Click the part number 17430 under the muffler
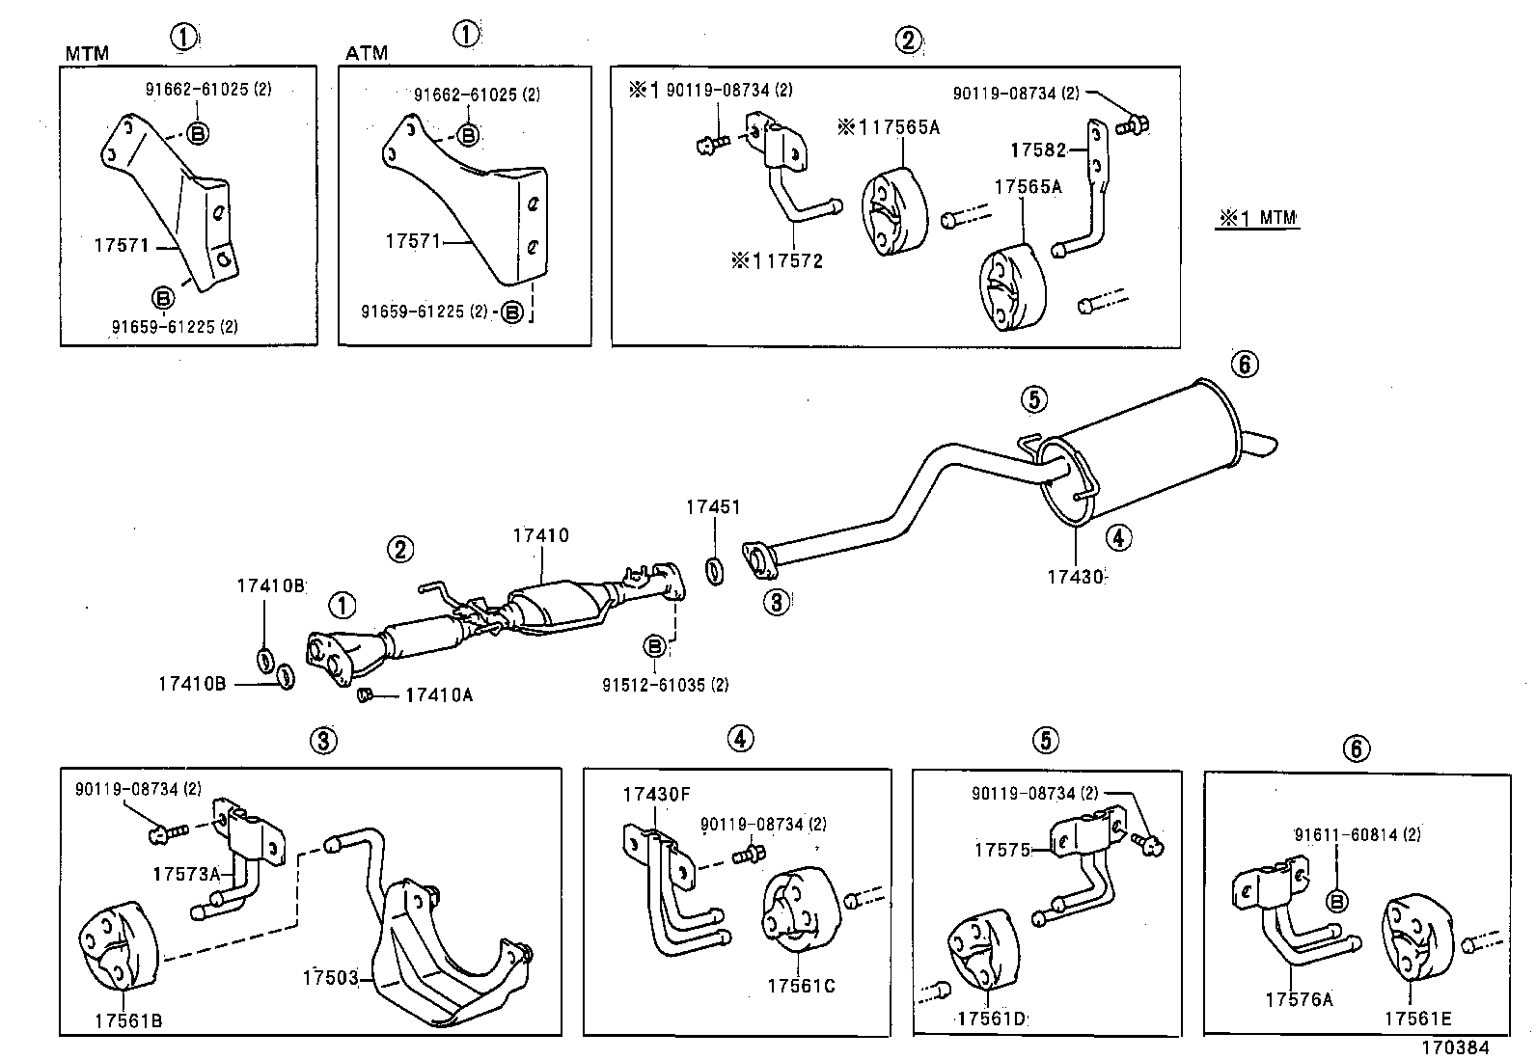pos(1074,577)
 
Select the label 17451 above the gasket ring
pos(713,506)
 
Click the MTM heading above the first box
pos(87,53)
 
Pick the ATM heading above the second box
pos(367,53)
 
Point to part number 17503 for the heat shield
pos(330,978)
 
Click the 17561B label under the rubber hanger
pos(128,1019)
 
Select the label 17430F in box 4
pos(656,795)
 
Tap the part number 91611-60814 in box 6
pos(1357,834)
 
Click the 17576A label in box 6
pos(1299,1000)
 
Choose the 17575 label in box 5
pos(1001,850)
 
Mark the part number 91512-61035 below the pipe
pos(665,685)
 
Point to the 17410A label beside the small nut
pos(439,694)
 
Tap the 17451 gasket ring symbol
pos(715,571)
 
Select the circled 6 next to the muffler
pos(1245,364)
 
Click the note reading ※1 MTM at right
pos(1258,219)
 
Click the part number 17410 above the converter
pos(540,535)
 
